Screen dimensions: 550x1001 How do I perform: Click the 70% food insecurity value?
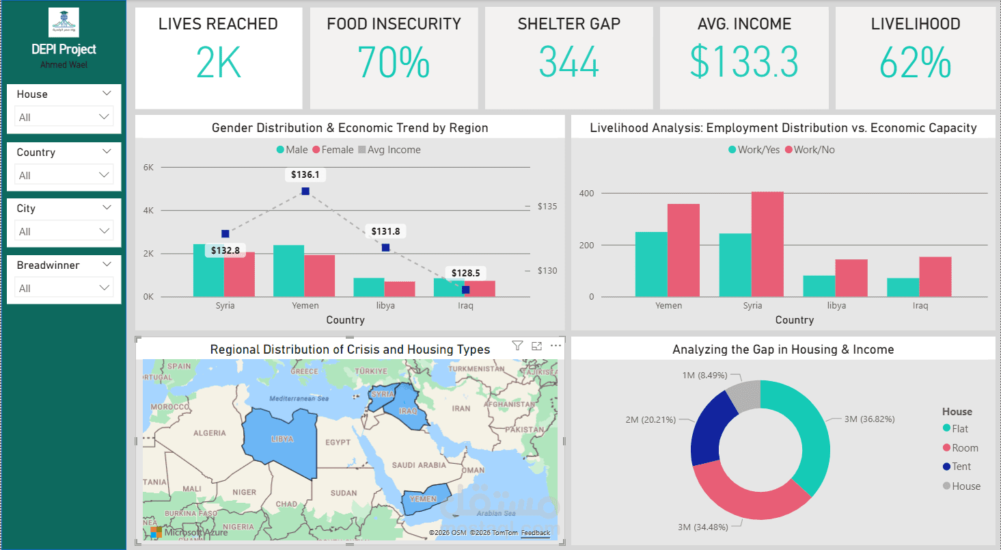(394, 63)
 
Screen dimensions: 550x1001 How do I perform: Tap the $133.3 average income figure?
(743, 63)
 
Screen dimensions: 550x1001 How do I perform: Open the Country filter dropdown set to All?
(64, 176)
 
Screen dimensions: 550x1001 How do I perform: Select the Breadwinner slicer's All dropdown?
(64, 289)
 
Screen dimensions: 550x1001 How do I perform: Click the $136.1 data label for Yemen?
(305, 175)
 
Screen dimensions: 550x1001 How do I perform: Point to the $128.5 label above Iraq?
(465, 273)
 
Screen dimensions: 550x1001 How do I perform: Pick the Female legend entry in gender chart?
(333, 150)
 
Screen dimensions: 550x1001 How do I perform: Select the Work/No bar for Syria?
(767, 244)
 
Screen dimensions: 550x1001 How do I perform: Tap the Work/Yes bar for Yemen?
(651, 264)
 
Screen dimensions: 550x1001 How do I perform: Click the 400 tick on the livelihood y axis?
(586, 194)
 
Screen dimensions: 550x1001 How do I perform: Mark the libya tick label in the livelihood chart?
(836, 306)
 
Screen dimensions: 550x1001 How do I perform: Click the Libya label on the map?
(282, 438)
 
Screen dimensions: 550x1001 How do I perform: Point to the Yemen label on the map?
(422, 499)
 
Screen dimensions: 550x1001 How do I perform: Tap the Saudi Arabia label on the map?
(419, 465)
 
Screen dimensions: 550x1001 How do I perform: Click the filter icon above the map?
(517, 346)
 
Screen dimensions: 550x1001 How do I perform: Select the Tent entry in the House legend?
(961, 467)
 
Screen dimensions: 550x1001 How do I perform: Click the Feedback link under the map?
(535, 533)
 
